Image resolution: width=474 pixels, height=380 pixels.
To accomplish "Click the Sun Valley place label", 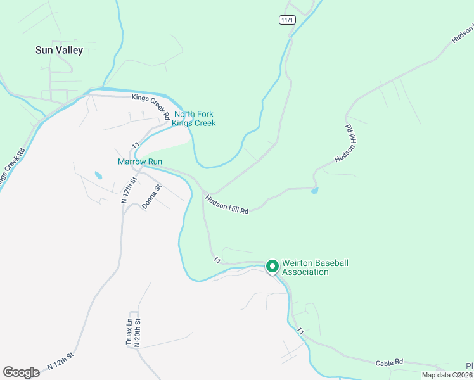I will click(59, 50).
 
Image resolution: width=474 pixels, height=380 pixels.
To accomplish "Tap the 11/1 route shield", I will click(287, 20).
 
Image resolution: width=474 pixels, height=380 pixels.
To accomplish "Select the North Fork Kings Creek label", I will click(195, 118).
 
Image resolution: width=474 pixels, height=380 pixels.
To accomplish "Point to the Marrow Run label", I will click(140, 161).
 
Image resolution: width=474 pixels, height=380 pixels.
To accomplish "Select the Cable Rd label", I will click(389, 363).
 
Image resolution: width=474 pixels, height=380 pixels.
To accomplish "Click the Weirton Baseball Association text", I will click(315, 267).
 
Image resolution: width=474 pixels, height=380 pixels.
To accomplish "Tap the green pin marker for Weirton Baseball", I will click(272, 267).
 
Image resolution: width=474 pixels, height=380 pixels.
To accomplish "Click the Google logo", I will click(22, 372).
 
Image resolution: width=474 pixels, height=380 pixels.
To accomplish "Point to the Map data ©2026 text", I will click(447, 375).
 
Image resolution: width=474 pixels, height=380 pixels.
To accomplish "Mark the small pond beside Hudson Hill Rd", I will click(315, 189).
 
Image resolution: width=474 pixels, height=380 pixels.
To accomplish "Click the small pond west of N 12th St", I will click(98, 175).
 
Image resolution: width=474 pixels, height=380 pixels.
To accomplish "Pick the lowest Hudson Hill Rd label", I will click(226, 205).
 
